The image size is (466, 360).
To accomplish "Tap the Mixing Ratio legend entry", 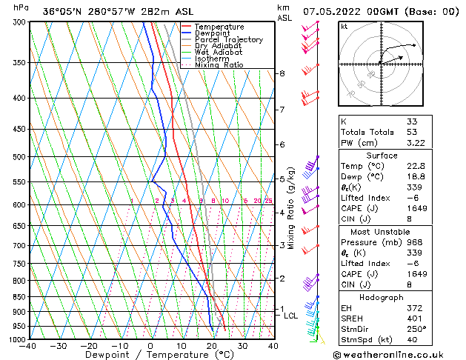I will click(x=219, y=65).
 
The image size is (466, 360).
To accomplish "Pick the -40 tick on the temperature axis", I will click(x=28, y=346).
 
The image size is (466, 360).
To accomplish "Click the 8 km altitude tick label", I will click(x=282, y=73).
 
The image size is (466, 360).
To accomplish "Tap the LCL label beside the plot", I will click(x=291, y=316).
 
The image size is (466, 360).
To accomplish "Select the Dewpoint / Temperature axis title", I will click(x=150, y=356).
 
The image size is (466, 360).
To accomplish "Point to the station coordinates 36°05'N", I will click(x=64, y=11).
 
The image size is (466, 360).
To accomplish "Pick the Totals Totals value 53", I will click(x=412, y=132).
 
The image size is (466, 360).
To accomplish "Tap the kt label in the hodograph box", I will click(x=344, y=26).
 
